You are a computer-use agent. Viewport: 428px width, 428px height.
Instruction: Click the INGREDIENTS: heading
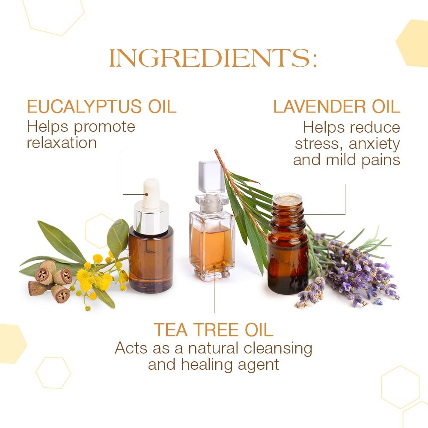[x=213, y=59]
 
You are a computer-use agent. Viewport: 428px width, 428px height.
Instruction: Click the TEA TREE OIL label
[x=213, y=330]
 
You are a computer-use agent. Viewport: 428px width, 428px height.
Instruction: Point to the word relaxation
[x=62, y=143]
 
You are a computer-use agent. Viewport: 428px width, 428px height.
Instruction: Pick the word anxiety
[x=374, y=144]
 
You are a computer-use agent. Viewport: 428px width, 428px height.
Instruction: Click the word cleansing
[x=278, y=348]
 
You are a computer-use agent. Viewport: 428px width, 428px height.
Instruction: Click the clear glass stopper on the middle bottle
[x=211, y=177]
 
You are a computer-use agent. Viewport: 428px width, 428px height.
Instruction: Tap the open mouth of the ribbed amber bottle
[x=287, y=198]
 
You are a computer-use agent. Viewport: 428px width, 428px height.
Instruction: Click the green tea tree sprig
[x=248, y=210]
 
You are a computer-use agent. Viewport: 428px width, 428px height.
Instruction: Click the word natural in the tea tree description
[x=214, y=348]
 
